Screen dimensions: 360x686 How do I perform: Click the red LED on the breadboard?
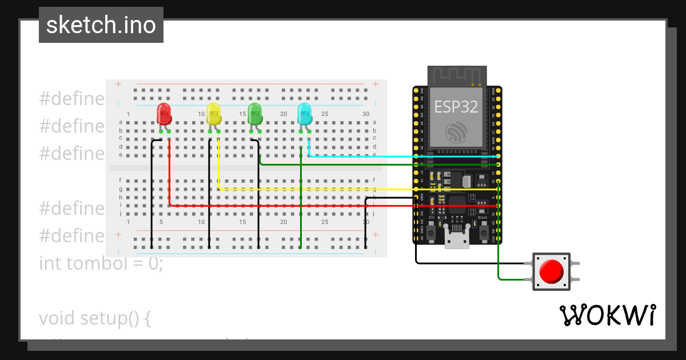tap(164, 114)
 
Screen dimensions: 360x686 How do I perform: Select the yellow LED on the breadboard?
tap(214, 114)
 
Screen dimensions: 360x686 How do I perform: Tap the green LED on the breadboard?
tap(255, 114)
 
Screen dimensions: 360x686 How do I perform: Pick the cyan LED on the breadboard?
tap(305, 114)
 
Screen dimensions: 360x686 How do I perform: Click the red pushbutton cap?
tap(551, 271)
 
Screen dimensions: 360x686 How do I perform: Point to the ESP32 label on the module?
tap(457, 107)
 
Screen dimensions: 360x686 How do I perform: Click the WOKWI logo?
tap(607, 315)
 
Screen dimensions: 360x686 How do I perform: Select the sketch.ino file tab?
tap(101, 25)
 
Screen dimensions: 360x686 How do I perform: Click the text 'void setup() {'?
tap(95, 318)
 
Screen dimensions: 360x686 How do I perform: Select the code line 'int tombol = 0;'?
tap(101, 263)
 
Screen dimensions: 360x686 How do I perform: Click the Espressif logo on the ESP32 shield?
tap(457, 132)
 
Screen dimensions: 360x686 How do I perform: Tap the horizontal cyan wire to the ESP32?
tap(400, 156)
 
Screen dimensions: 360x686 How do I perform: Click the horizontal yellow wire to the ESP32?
tap(343, 189)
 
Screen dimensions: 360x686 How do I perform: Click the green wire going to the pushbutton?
tap(499, 251)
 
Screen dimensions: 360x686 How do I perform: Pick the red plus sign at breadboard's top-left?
tap(118, 84)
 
